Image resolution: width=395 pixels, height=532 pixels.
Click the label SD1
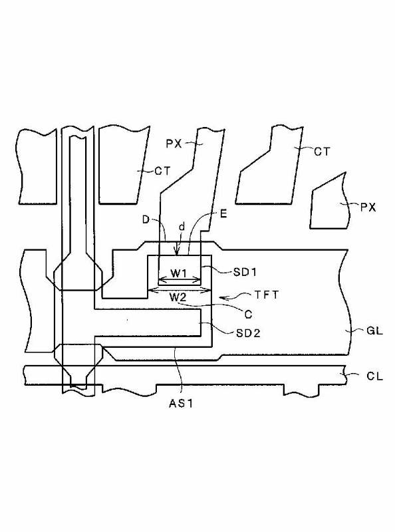point(245,272)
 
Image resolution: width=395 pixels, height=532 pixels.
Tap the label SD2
point(248,333)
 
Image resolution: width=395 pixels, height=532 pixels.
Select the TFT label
point(267,295)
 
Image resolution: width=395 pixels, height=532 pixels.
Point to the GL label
point(374,331)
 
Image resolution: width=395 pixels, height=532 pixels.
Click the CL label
point(374,376)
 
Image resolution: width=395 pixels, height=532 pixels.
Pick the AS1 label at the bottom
point(181,404)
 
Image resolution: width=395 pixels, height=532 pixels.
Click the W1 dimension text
point(178,273)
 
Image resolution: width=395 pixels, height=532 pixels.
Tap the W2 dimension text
point(178,297)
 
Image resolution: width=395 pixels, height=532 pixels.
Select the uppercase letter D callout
point(146,220)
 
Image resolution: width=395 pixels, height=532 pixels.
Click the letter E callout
point(223,214)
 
